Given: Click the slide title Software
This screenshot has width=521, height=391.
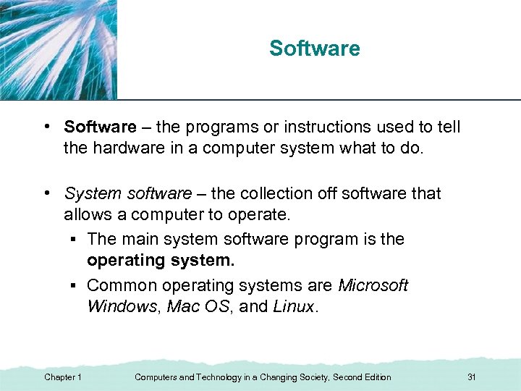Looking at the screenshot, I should [314, 49].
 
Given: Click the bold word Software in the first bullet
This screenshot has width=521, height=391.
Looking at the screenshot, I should [100, 127].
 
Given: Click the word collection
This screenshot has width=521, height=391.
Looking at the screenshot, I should [268, 194].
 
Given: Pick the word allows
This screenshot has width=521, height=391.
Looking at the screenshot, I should [85, 214].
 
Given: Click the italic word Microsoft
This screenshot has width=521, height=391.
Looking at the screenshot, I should [373, 285].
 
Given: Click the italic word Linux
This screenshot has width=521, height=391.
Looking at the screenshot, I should [293, 306].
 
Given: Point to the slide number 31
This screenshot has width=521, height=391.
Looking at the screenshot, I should [472, 377].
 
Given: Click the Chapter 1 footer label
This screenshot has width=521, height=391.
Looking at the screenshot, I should [63, 377].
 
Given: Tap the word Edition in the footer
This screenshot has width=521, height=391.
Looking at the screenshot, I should [376, 377].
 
